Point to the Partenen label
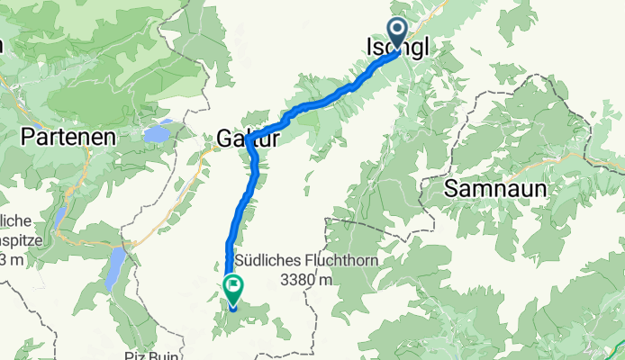[68, 138]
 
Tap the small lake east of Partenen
[155, 133]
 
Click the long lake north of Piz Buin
[114, 267]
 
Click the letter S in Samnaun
[450, 188]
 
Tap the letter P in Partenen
[27, 138]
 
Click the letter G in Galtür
[223, 139]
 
